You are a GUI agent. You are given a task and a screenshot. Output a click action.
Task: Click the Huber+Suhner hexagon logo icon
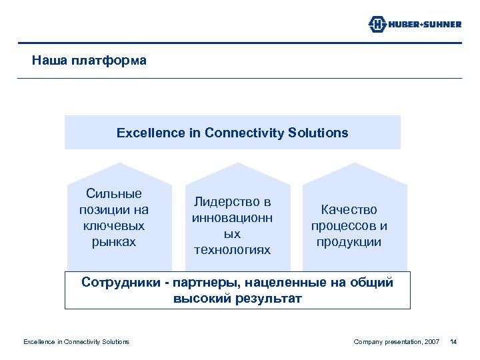pyautogui.click(x=377, y=25)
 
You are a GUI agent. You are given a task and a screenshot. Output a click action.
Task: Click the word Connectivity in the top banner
pyautogui.click(x=245, y=133)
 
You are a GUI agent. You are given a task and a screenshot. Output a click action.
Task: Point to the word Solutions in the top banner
pyautogui.click(x=319, y=133)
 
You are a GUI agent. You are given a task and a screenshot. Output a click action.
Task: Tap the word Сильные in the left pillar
pyautogui.click(x=114, y=194)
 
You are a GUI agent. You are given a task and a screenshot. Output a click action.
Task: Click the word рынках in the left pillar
pyautogui.click(x=114, y=242)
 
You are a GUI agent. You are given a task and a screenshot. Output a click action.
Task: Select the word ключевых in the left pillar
pyautogui.click(x=114, y=226)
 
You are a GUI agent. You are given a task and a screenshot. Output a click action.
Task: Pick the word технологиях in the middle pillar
pyautogui.click(x=231, y=250)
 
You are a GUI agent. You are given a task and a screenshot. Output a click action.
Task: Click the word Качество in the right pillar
pyautogui.click(x=349, y=210)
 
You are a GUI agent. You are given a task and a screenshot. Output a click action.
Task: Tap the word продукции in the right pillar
pyautogui.click(x=349, y=242)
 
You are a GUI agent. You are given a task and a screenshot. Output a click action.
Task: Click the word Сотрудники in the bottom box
pyautogui.click(x=119, y=283)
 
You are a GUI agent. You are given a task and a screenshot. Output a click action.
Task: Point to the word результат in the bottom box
pyautogui.click(x=265, y=299)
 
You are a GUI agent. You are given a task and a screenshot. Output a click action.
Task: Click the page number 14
pyautogui.click(x=454, y=342)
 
